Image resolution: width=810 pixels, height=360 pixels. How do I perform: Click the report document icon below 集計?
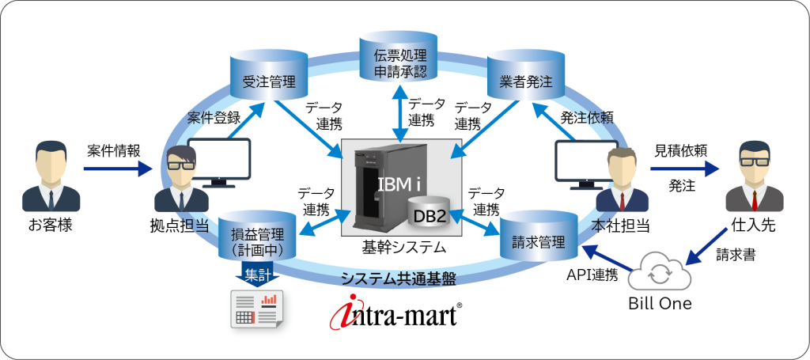click(x=255, y=309)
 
